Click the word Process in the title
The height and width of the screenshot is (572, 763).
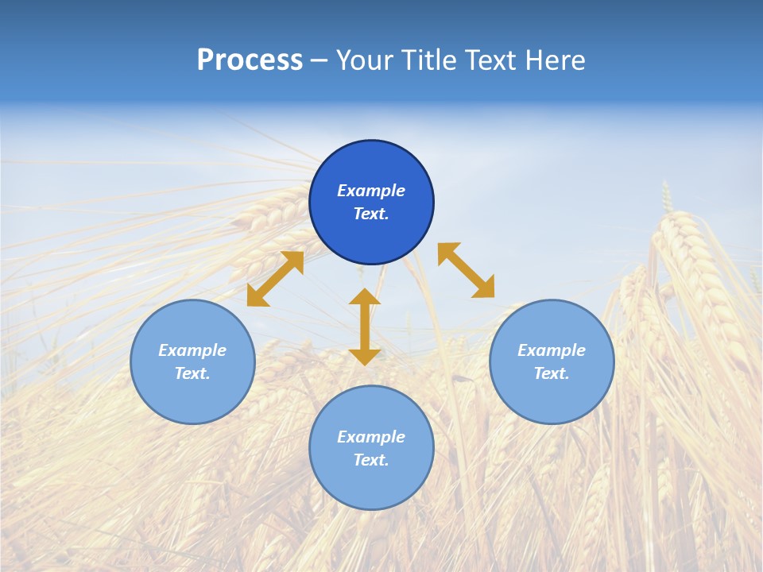250,60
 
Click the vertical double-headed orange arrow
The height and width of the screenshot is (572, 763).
365,327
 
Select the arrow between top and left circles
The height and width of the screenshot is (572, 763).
275,279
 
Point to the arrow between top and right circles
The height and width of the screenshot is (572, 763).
467,270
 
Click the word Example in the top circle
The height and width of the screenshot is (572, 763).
371,191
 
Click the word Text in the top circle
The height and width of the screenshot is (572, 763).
371,214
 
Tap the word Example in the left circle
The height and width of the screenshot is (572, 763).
192,350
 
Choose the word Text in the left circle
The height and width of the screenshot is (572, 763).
192,373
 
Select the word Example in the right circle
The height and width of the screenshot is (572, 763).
552,350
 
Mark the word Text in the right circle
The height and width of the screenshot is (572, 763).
552,373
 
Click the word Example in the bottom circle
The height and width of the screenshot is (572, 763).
371,437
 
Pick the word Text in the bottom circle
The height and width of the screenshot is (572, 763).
371,460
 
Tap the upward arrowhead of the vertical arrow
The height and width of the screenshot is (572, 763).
365,296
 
